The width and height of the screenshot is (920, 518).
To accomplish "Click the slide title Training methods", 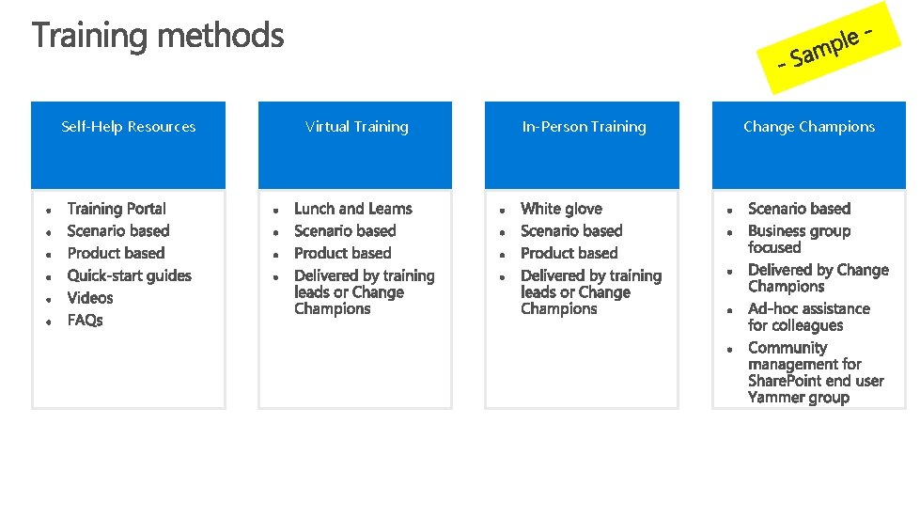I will [158, 37].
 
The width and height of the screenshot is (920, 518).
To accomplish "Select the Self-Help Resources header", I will [128, 127].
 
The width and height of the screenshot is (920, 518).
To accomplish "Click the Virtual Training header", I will [356, 127].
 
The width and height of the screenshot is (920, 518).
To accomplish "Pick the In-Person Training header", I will [584, 127].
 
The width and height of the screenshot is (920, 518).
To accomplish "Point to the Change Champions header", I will [808, 127].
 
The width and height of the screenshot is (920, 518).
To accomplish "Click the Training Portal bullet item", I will [117, 209].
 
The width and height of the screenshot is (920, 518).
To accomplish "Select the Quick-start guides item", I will [129, 275].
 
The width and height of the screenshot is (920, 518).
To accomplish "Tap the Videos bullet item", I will [90, 298].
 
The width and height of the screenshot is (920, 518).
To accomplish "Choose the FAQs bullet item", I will [86, 321].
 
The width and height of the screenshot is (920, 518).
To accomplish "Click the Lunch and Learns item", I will [352, 209].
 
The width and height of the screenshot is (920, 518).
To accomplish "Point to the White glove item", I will [561, 209].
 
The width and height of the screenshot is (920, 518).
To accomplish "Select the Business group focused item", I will [799, 239].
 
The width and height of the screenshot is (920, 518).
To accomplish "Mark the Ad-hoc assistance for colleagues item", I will [808, 317].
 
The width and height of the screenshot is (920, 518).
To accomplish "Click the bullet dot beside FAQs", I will [48, 322].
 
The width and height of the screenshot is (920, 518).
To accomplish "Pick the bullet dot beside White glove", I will [503, 210].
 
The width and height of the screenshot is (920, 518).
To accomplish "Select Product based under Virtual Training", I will [342, 253].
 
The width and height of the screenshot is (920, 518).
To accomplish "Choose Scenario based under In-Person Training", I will [571, 231].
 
